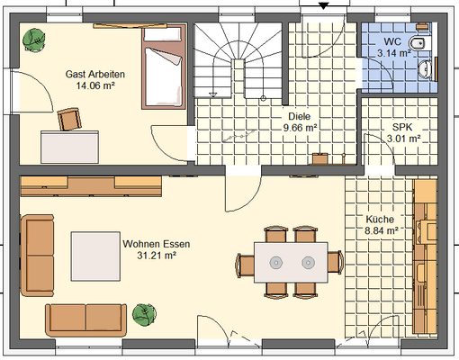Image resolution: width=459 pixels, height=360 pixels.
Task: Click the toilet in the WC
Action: [x=420, y=43]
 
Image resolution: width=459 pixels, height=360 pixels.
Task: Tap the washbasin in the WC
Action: [x=425, y=69]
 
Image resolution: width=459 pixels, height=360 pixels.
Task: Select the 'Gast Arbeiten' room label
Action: [x=95, y=74]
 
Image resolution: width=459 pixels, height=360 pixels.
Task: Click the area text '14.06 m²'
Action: [x=95, y=85]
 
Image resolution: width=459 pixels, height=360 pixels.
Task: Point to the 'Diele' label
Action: [x=300, y=116]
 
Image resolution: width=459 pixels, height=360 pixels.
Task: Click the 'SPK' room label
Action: [x=402, y=127]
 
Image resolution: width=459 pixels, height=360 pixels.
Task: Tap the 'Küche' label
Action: [x=380, y=220]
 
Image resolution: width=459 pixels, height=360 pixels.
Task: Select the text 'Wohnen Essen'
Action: [x=157, y=244]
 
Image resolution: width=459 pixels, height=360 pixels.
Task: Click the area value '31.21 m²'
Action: [x=157, y=256]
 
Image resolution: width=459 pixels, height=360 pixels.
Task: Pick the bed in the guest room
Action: [x=164, y=67]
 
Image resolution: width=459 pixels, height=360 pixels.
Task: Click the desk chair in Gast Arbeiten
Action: [x=69, y=119]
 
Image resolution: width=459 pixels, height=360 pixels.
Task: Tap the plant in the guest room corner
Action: [x=34, y=40]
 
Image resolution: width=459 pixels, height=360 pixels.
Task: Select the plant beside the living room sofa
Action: [x=144, y=315]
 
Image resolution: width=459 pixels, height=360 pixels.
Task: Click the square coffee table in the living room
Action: [x=95, y=256]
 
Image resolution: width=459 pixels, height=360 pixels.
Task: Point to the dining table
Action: [x=291, y=263]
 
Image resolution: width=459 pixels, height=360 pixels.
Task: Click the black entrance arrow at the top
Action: [x=323, y=5]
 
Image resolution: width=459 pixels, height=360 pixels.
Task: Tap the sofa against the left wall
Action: [x=37, y=256]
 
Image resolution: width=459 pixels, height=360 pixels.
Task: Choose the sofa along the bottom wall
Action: [x=86, y=320]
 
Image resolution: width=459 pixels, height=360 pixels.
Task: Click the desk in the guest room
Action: [x=69, y=147]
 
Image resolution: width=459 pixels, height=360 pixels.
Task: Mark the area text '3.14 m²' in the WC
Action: [x=394, y=53]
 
